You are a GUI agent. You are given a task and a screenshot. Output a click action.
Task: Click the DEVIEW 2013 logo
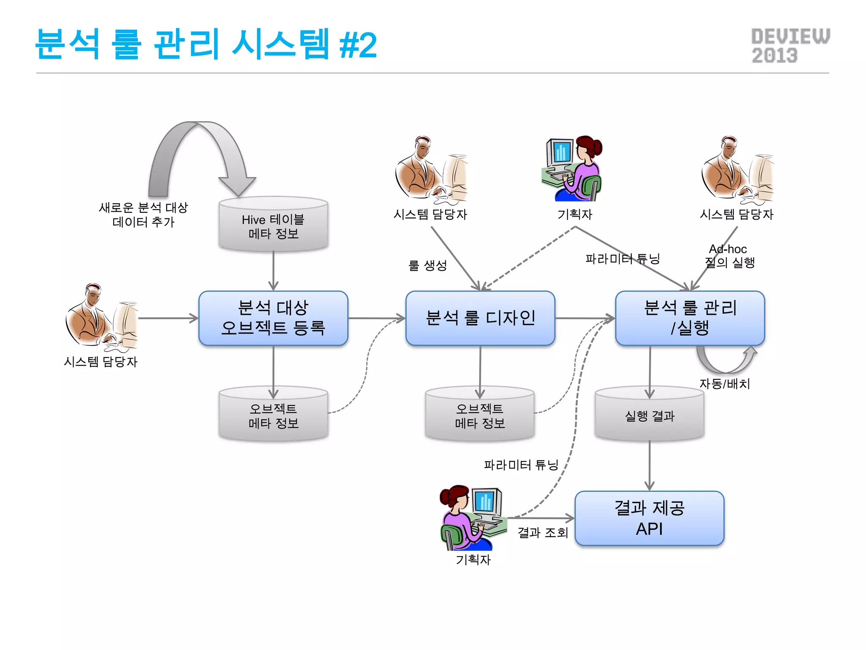[x=790, y=46]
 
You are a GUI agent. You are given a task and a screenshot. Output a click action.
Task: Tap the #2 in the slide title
[x=358, y=45]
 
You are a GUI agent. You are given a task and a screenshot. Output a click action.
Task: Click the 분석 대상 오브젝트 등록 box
[x=273, y=318]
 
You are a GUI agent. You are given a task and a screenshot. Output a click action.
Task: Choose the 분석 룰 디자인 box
[x=480, y=318]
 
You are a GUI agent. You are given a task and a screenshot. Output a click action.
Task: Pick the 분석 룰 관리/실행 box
[x=690, y=318]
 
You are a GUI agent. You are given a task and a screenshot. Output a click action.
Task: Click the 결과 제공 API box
[x=649, y=518]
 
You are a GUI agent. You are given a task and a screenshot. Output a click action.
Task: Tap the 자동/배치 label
[x=724, y=384]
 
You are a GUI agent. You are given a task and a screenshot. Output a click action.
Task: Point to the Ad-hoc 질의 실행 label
[x=729, y=256]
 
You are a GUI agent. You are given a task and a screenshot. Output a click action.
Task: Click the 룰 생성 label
[x=427, y=265]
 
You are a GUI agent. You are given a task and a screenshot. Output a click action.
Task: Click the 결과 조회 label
[x=543, y=532]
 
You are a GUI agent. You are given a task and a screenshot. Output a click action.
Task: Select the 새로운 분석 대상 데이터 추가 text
[x=143, y=215]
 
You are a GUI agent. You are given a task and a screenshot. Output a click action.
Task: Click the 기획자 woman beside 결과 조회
[x=461, y=518]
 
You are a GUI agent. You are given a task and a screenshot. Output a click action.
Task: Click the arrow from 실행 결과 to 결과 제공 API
[x=649, y=465]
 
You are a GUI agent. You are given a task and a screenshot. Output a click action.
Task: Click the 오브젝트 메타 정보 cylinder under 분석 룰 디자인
[x=480, y=415]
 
